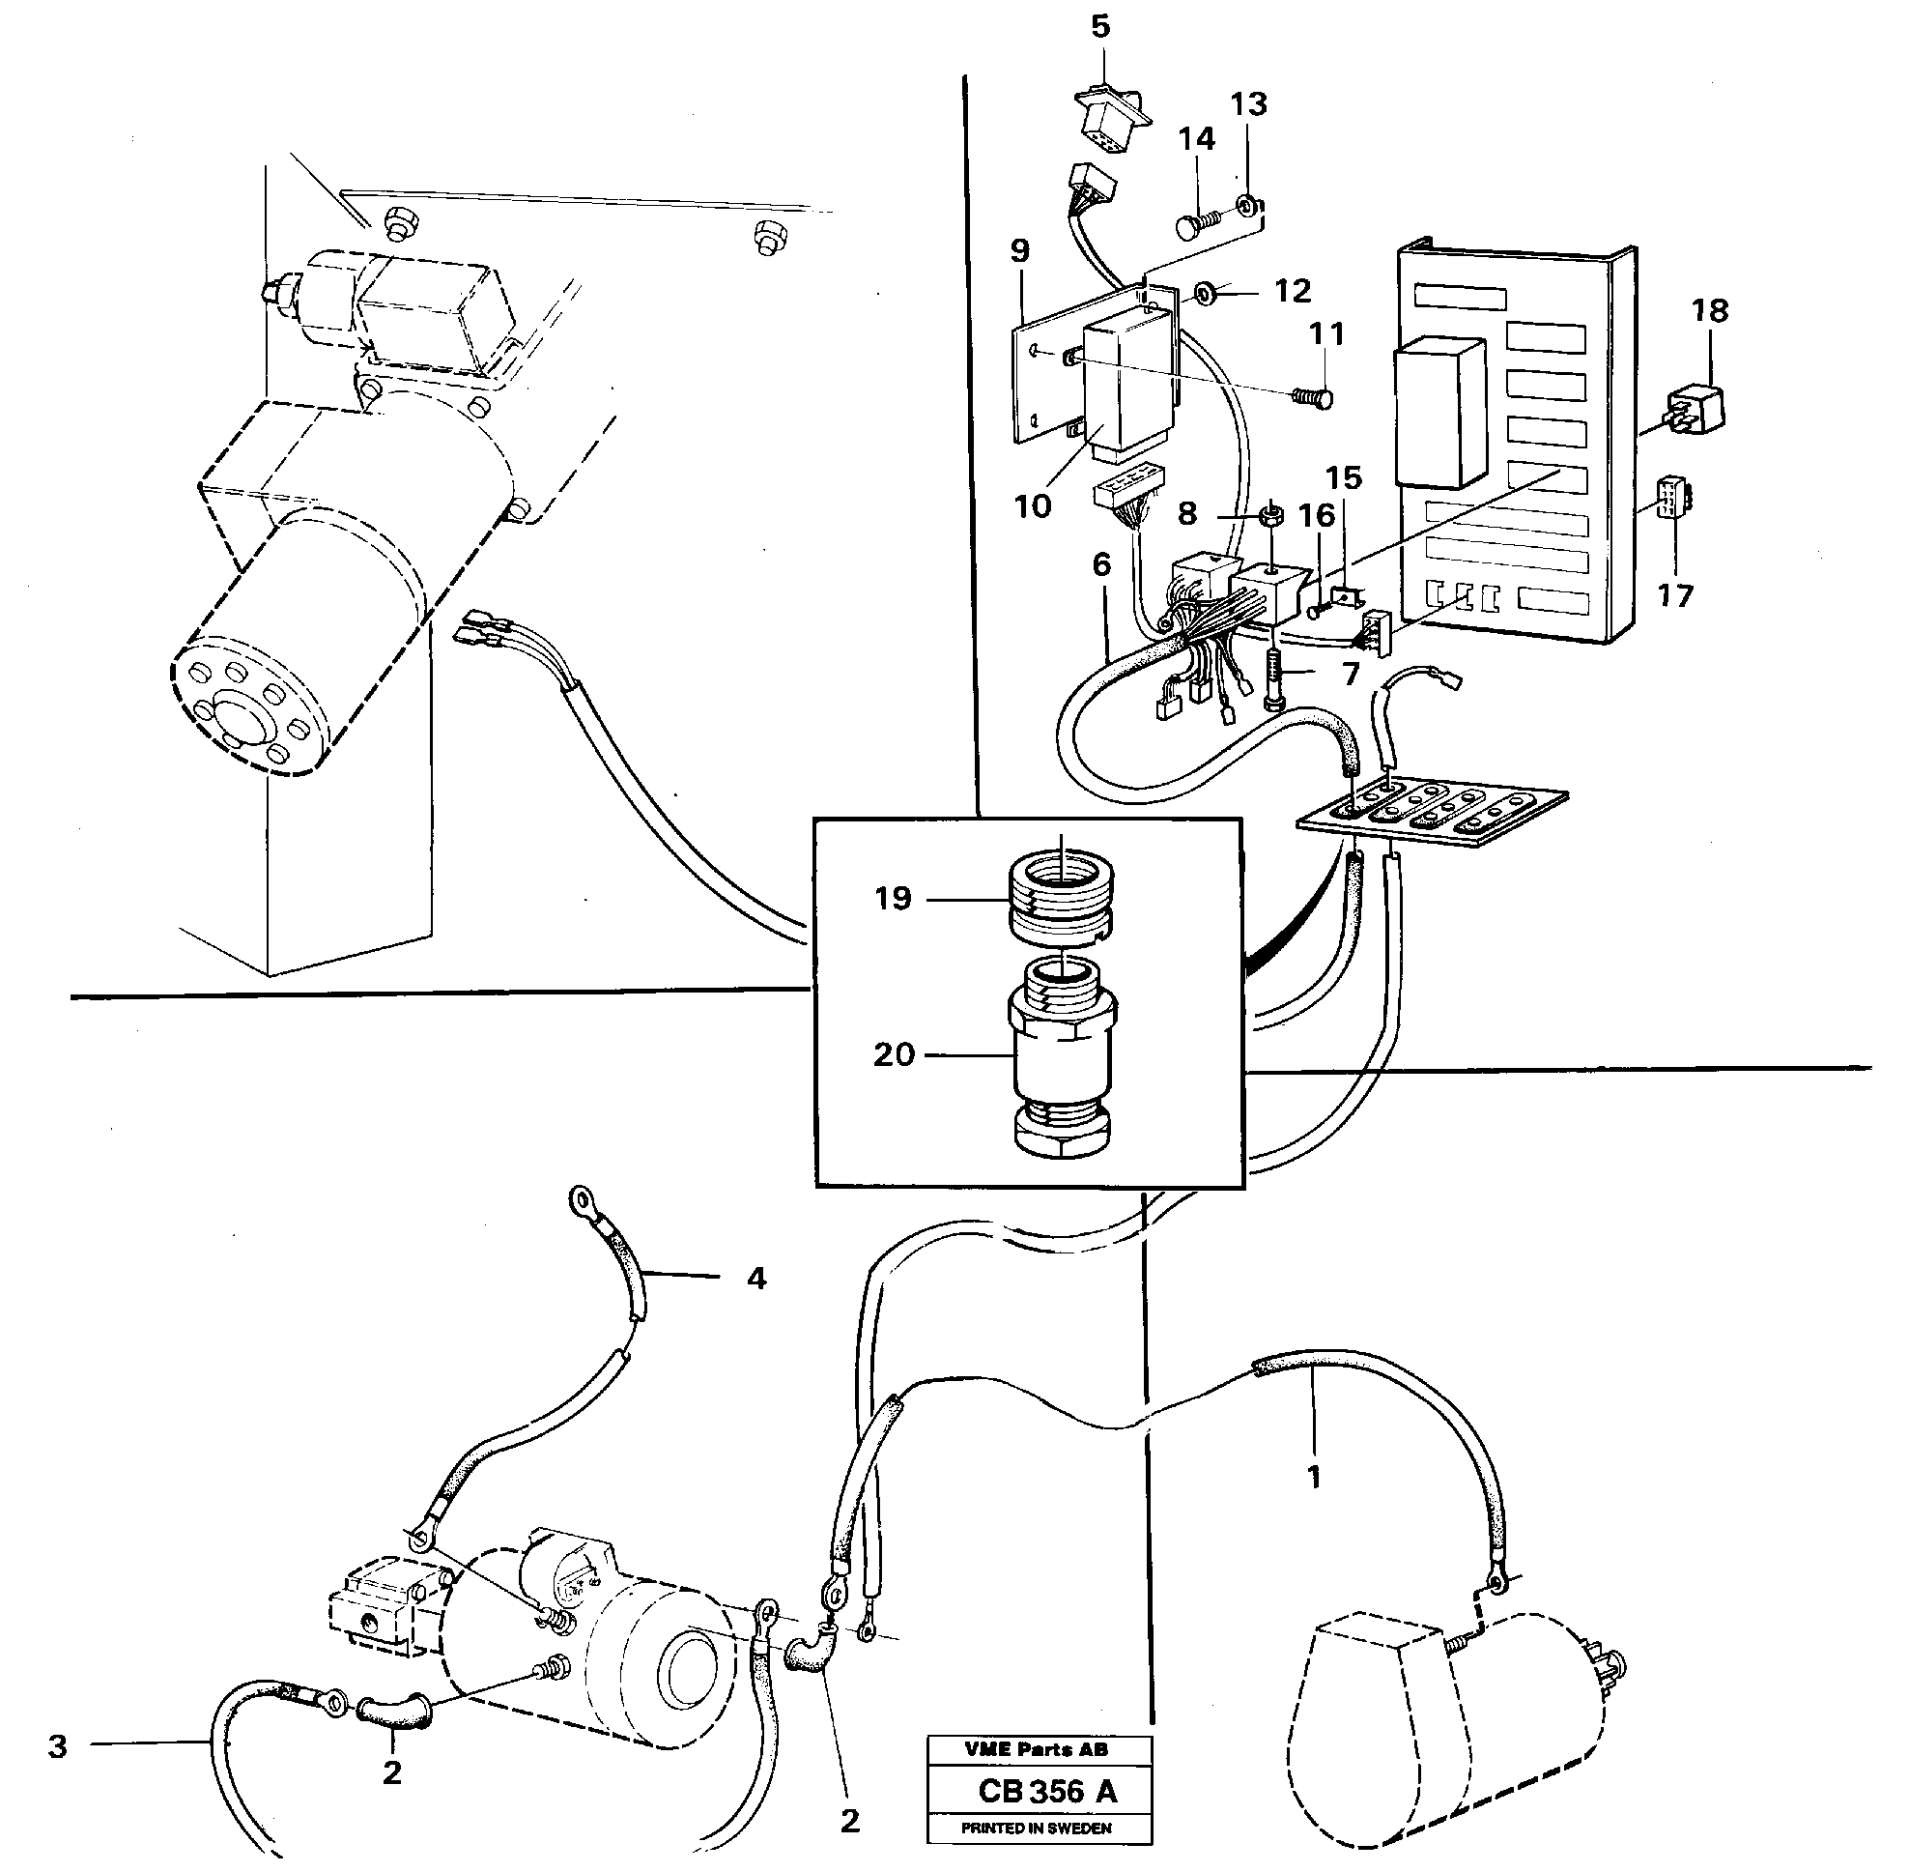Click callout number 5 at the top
click(1100, 26)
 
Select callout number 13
click(1248, 104)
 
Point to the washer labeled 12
click(1205, 292)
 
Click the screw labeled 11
click(1313, 396)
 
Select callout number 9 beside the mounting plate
click(1019, 250)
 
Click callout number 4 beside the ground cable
click(755, 1279)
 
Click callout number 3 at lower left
click(58, 1746)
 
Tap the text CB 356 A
click(1047, 1792)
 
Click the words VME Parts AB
click(1035, 1749)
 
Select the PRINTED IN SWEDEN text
click(1036, 1828)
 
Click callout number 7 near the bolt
click(1351, 674)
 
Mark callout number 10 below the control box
click(1032, 506)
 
